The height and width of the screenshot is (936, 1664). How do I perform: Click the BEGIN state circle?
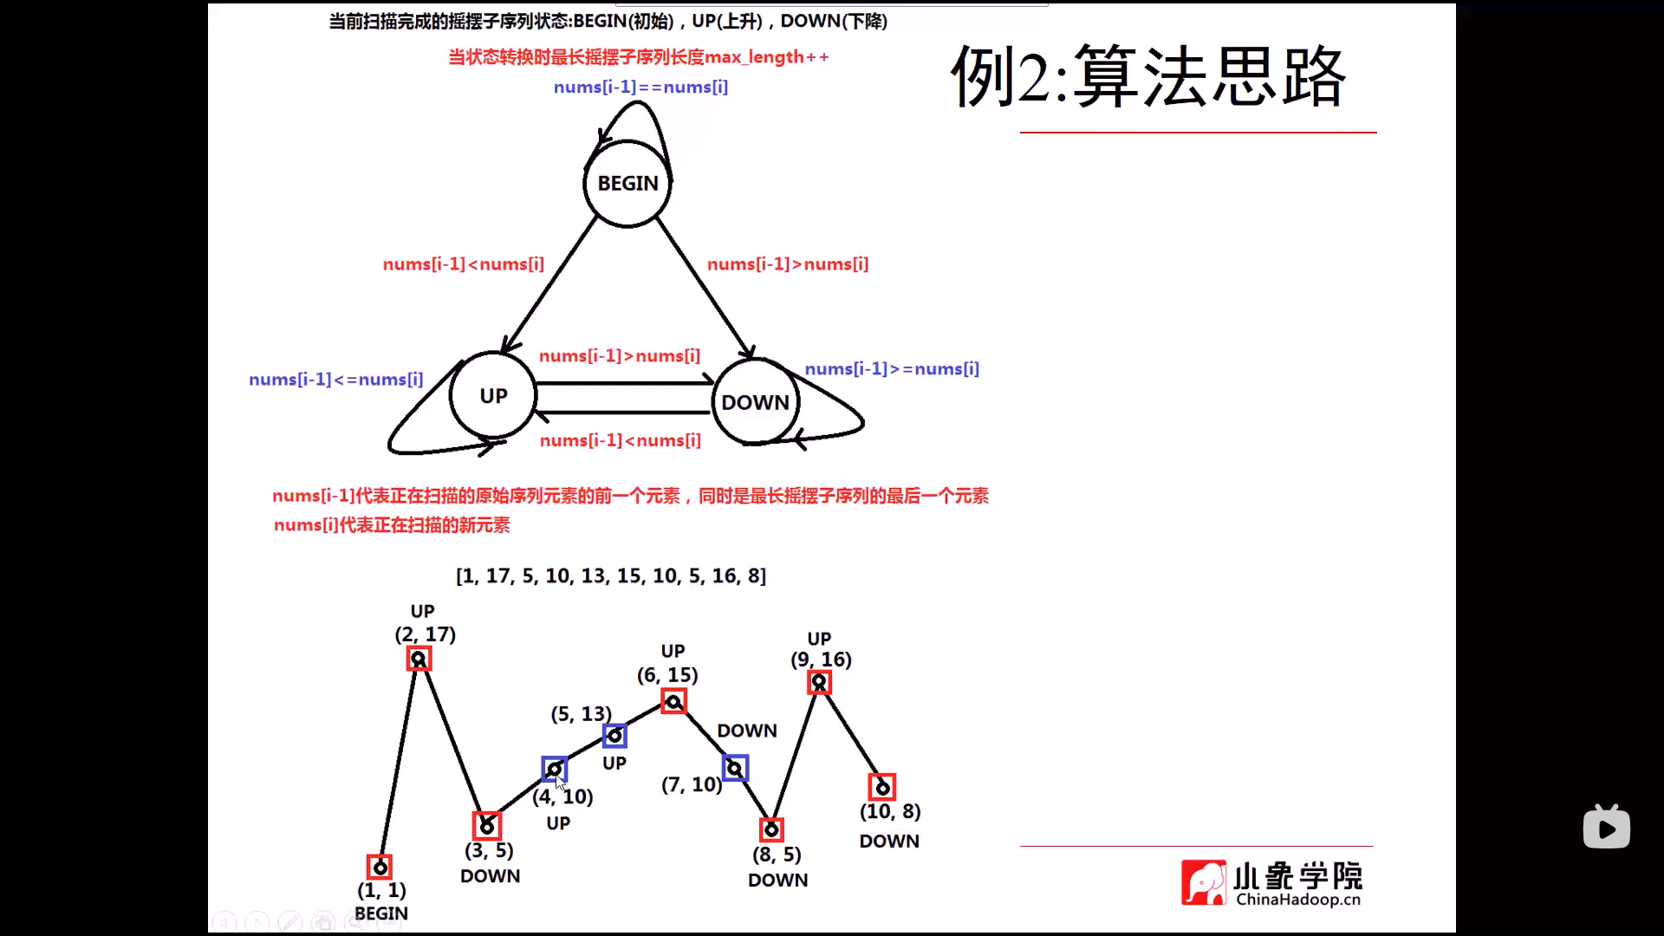[627, 184]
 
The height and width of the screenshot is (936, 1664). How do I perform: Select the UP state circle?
[493, 396]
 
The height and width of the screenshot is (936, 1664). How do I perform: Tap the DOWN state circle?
[755, 402]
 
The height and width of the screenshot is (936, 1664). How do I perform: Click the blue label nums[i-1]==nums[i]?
[640, 88]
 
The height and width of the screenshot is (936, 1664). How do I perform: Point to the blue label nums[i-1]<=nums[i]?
[335, 380]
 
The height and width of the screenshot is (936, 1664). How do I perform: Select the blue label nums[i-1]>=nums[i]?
[892, 369]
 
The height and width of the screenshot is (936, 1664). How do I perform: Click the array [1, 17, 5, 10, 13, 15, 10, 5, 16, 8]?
[611, 576]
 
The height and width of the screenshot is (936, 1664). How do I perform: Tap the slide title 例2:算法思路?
[1148, 77]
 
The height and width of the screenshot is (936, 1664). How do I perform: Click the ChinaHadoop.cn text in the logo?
[1297, 900]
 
